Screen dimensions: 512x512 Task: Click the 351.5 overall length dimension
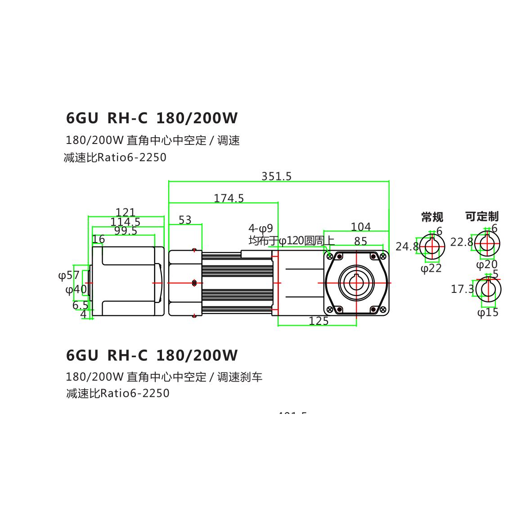point(276,176)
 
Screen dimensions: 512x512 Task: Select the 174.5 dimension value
point(229,198)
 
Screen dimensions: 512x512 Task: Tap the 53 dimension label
point(185,220)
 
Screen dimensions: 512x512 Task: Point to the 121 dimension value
point(125,212)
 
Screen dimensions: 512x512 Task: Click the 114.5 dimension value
point(125,222)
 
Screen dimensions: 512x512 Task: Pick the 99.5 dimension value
point(126,231)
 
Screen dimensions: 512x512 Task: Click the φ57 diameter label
point(69,275)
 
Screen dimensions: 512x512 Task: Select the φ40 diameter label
point(76,289)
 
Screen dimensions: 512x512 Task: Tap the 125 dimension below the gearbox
point(319,321)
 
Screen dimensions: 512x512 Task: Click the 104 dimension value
point(360,227)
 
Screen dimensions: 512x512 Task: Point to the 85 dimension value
point(360,242)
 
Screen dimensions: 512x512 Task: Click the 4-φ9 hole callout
point(260,228)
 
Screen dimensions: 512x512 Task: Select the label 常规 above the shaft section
point(432,217)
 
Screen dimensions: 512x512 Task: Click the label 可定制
point(481,216)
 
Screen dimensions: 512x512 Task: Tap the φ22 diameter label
point(431,268)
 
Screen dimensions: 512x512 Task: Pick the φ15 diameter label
point(488,312)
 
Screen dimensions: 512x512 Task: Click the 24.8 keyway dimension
point(407,246)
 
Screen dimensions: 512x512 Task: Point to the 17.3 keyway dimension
point(462,289)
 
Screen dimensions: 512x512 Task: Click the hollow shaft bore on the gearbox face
point(356,283)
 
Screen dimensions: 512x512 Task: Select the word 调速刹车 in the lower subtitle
point(240,377)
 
